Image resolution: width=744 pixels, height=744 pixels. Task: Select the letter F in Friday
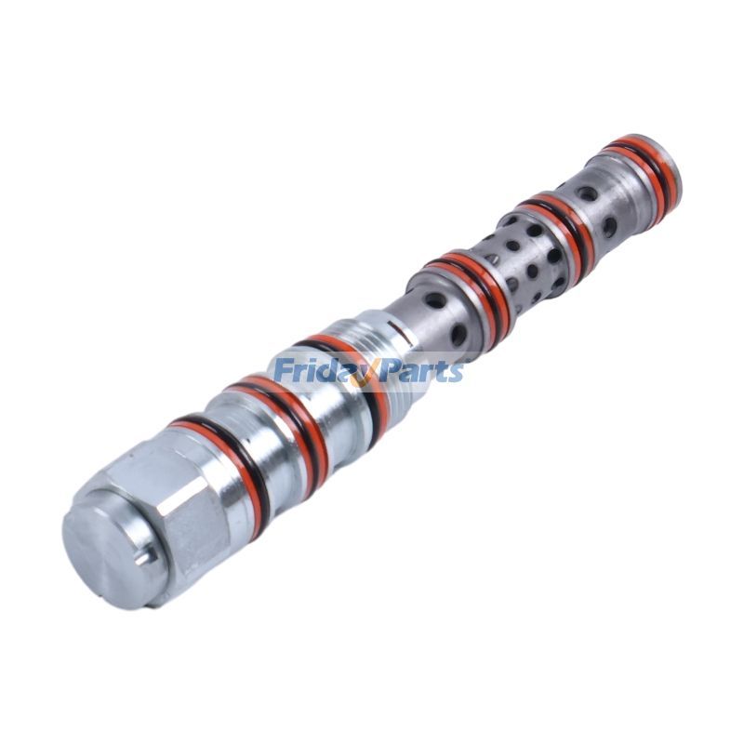284,372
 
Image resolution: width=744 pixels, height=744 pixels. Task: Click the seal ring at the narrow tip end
642,167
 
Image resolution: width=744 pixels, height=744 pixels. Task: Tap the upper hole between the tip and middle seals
587,194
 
